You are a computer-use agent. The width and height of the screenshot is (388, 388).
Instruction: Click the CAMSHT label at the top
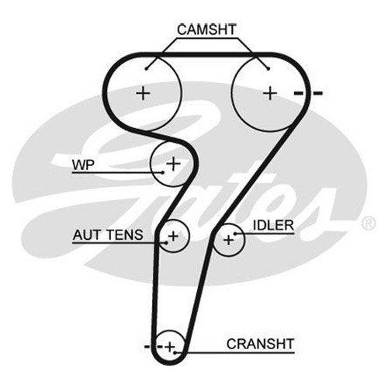[206, 29]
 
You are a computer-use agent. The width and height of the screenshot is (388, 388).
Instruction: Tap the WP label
[83, 165]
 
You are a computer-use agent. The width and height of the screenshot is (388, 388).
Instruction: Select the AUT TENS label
[108, 235]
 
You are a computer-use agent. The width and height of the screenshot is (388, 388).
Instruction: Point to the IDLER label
[273, 225]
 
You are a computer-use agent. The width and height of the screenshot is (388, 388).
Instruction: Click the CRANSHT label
[260, 344]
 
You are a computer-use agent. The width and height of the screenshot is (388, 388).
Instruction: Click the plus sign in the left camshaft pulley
[143, 93]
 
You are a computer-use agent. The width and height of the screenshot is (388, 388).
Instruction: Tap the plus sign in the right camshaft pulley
[270, 93]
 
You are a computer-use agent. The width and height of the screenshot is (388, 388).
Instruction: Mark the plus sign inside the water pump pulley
[173, 164]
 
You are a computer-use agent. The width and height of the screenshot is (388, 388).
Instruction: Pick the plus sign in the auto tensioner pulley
[173, 236]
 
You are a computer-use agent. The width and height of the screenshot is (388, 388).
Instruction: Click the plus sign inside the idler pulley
[229, 240]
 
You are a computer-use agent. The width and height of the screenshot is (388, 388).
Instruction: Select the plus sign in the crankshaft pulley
[170, 347]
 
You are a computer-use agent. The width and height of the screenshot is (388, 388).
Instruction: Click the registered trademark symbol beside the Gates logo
[369, 223]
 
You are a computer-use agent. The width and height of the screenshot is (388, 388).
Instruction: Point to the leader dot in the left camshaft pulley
[147, 68]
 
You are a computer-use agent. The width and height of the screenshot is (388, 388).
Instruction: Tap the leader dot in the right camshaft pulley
[268, 68]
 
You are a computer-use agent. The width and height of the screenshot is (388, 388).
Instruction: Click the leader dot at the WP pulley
[163, 172]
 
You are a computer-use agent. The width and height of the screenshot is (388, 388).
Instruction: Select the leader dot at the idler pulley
[235, 234]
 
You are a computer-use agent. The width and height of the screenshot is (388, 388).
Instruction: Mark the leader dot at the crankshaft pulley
[175, 352]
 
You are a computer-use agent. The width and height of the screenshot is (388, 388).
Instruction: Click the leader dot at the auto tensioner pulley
[166, 243]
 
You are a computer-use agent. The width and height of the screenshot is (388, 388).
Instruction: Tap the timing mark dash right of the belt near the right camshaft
[318, 93]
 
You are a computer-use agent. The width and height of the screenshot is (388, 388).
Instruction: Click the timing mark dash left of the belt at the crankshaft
[147, 347]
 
